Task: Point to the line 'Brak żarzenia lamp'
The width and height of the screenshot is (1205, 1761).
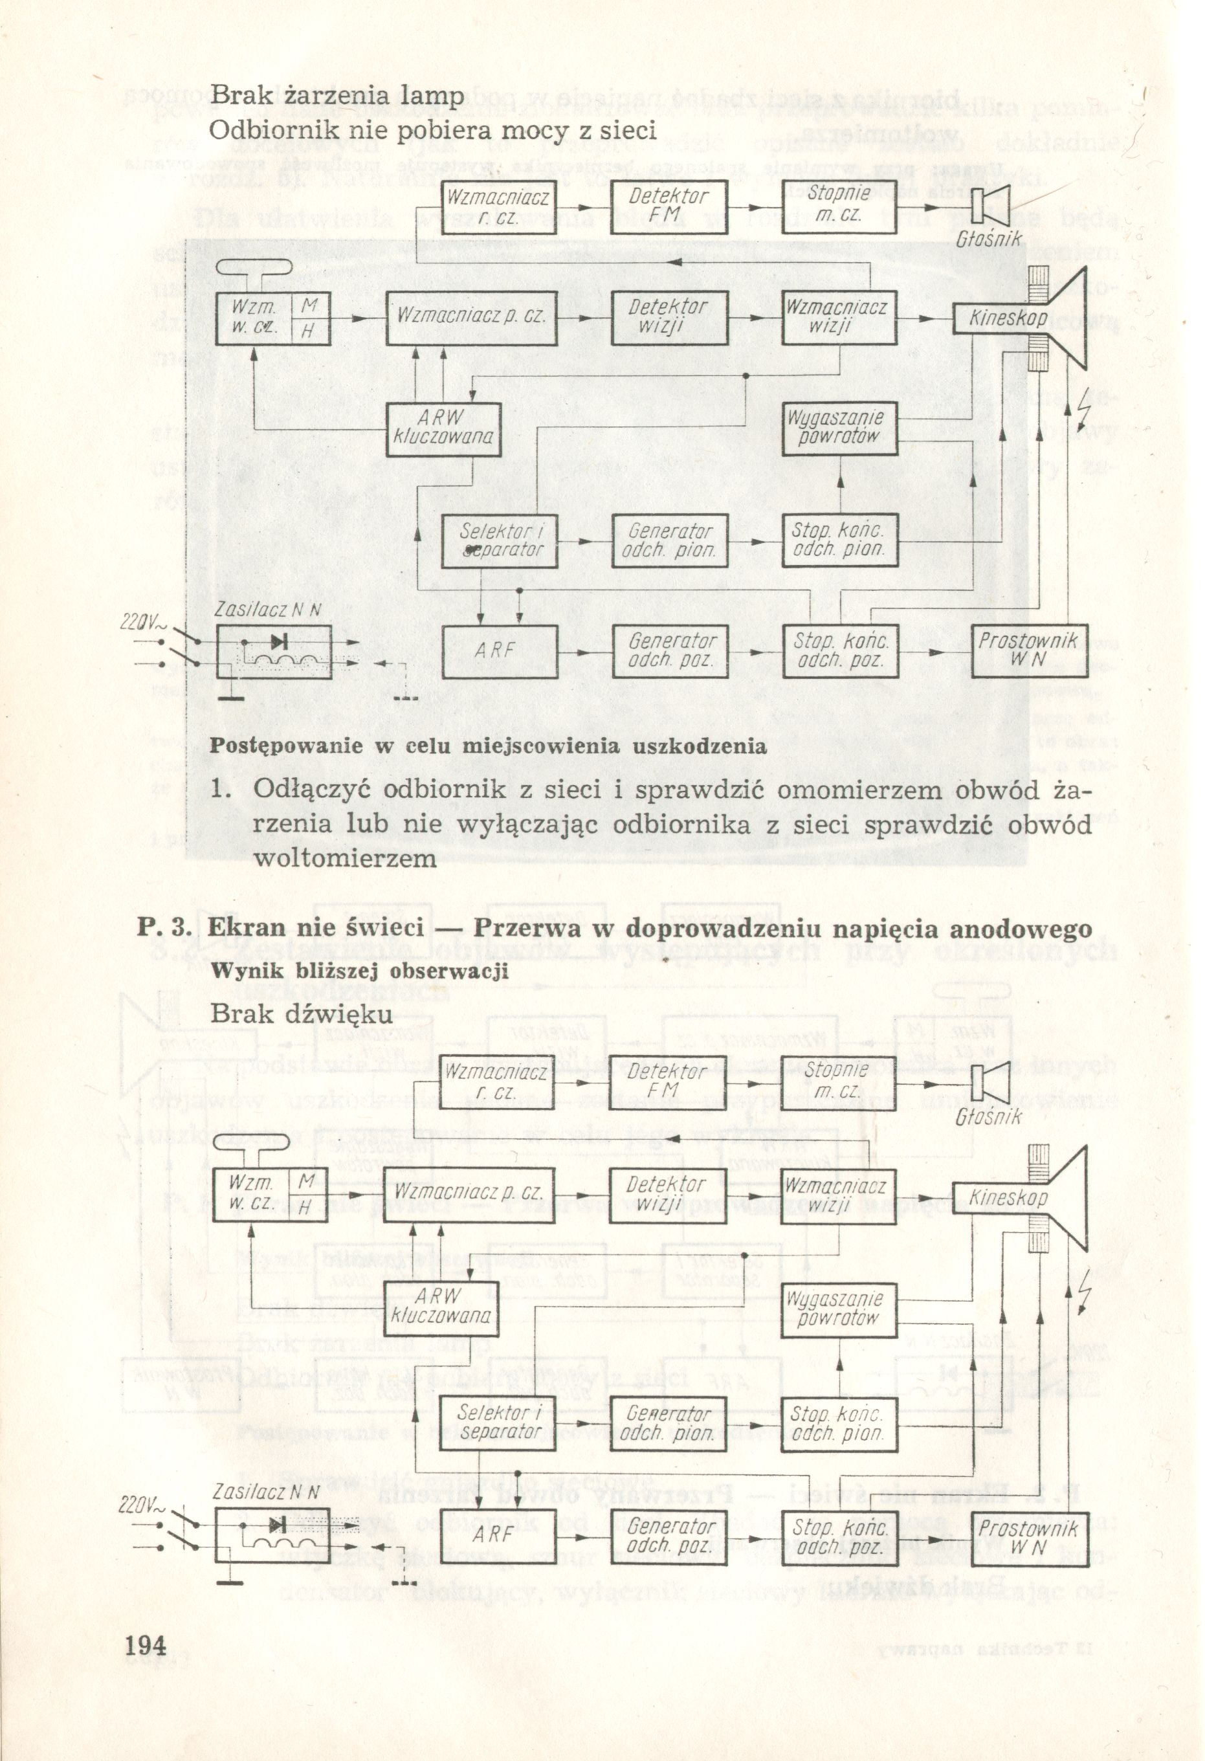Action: pyautogui.click(x=337, y=96)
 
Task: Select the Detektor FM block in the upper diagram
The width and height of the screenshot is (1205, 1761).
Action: pyautogui.click(x=669, y=206)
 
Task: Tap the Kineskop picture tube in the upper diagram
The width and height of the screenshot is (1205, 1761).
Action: pyautogui.click(x=1008, y=318)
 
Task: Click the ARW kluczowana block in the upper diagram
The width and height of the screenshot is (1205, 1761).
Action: pyautogui.click(x=443, y=428)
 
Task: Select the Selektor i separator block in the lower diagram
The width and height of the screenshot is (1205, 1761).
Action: pyautogui.click(x=499, y=1423)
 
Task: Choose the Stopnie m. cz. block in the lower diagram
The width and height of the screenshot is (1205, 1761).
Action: pyautogui.click(x=837, y=1081)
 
